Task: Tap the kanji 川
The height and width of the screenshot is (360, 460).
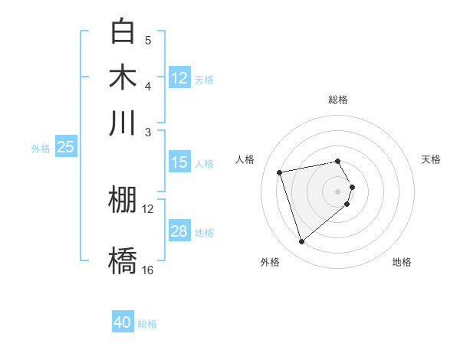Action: click(123, 123)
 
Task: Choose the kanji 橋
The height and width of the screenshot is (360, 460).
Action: click(123, 260)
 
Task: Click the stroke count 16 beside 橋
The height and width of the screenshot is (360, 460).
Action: click(148, 270)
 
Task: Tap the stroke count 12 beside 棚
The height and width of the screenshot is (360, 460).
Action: click(148, 208)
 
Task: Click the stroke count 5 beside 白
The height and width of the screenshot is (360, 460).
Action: click(148, 40)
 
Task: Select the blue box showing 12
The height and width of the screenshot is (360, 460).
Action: click(179, 78)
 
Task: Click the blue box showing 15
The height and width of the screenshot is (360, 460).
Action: click(179, 162)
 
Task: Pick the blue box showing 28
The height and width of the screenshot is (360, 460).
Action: click(179, 231)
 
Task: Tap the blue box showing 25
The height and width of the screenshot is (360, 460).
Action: click(65, 147)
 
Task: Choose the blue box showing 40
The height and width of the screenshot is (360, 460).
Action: click(123, 322)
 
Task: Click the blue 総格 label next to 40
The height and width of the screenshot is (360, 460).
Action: click(147, 324)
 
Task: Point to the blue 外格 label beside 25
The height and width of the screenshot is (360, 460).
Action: click(41, 149)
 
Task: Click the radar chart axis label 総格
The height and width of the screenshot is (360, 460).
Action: click(338, 100)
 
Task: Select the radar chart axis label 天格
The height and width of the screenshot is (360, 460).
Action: click(432, 159)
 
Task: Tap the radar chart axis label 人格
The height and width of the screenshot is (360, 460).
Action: click(245, 159)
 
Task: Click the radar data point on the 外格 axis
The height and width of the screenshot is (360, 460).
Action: click(301, 242)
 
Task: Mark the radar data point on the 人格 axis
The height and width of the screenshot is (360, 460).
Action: click(280, 172)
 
